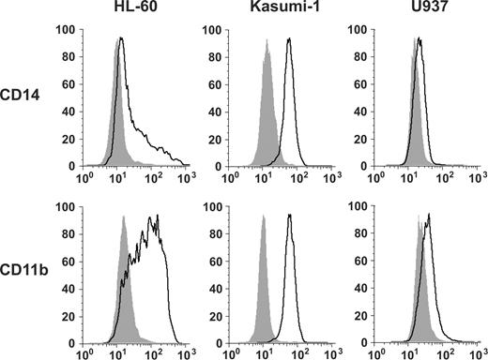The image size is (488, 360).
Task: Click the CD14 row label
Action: [x=27, y=98]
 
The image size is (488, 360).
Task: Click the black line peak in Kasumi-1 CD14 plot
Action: [x=289, y=40]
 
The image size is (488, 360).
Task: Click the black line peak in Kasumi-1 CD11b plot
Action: [x=289, y=217]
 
